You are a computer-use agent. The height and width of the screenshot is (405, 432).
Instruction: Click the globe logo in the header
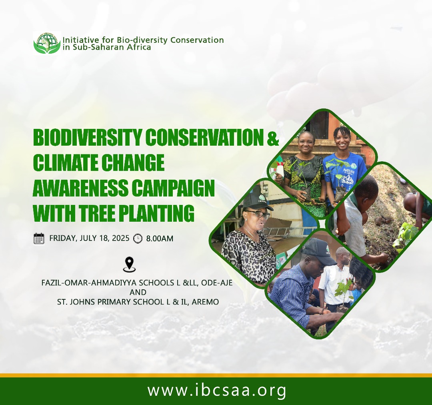pyautogui.click(x=47, y=43)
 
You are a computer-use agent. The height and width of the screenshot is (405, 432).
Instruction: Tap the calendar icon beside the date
pyautogui.click(x=39, y=239)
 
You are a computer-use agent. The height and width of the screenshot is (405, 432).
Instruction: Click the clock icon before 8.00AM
pyautogui.click(x=138, y=239)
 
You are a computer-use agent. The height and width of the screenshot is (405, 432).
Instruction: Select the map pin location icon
pyautogui.click(x=129, y=265)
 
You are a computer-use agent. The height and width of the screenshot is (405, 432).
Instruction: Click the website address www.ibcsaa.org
pyautogui.click(x=217, y=391)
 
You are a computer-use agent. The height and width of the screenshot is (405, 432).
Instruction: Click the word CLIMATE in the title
pyautogui.click(x=65, y=162)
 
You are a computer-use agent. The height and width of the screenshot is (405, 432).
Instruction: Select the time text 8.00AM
pyautogui.click(x=160, y=239)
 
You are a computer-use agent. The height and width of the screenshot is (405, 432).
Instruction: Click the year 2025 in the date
pyautogui.click(x=120, y=238)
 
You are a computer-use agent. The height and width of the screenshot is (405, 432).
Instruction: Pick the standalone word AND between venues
pyautogui.click(x=138, y=292)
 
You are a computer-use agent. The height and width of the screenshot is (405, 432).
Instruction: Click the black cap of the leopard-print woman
pyautogui.click(x=258, y=202)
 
